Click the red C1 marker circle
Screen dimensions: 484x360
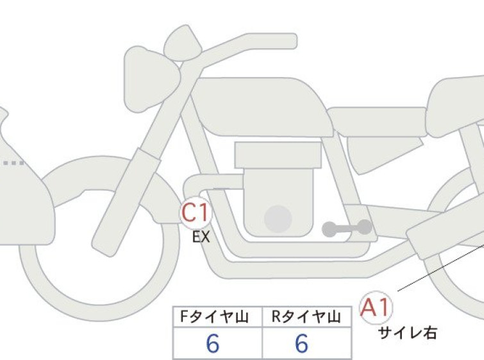(x=196, y=213)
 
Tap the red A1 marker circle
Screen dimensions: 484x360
(x=376, y=308)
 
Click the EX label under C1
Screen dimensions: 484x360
(x=201, y=237)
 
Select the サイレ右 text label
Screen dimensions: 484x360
(x=408, y=333)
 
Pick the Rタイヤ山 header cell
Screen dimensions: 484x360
(x=307, y=317)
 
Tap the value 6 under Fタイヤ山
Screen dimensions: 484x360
(x=213, y=343)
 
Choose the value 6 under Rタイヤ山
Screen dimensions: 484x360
(x=301, y=343)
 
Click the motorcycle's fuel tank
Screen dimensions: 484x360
(x=262, y=107)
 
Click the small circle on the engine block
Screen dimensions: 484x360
(x=278, y=219)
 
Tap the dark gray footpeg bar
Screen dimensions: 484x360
(x=347, y=228)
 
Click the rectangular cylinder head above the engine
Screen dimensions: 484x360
(x=278, y=155)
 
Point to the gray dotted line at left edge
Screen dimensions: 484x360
(x=13, y=163)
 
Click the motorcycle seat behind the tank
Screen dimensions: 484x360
(x=376, y=121)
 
